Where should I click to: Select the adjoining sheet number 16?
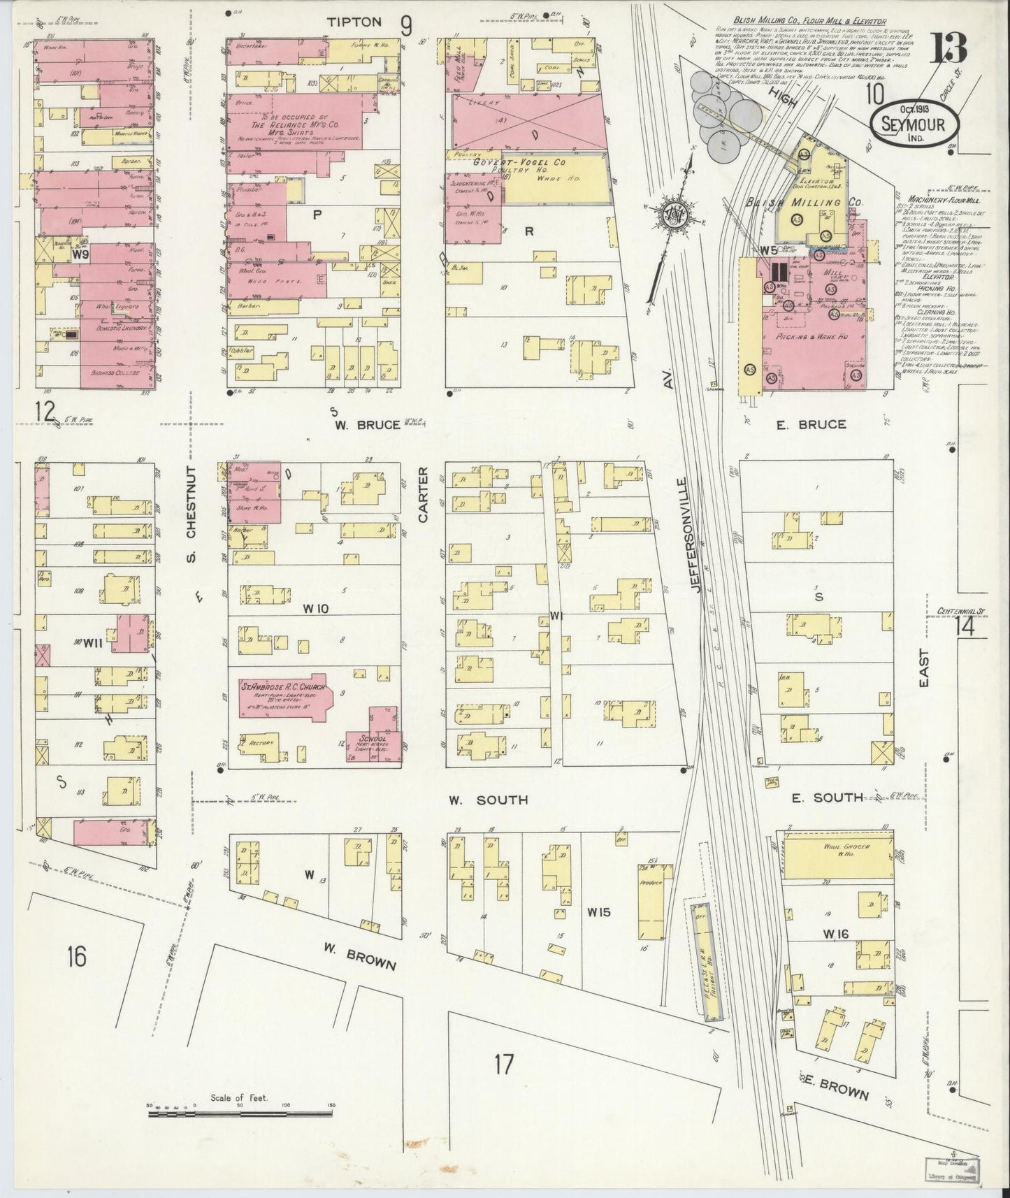click(77, 955)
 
